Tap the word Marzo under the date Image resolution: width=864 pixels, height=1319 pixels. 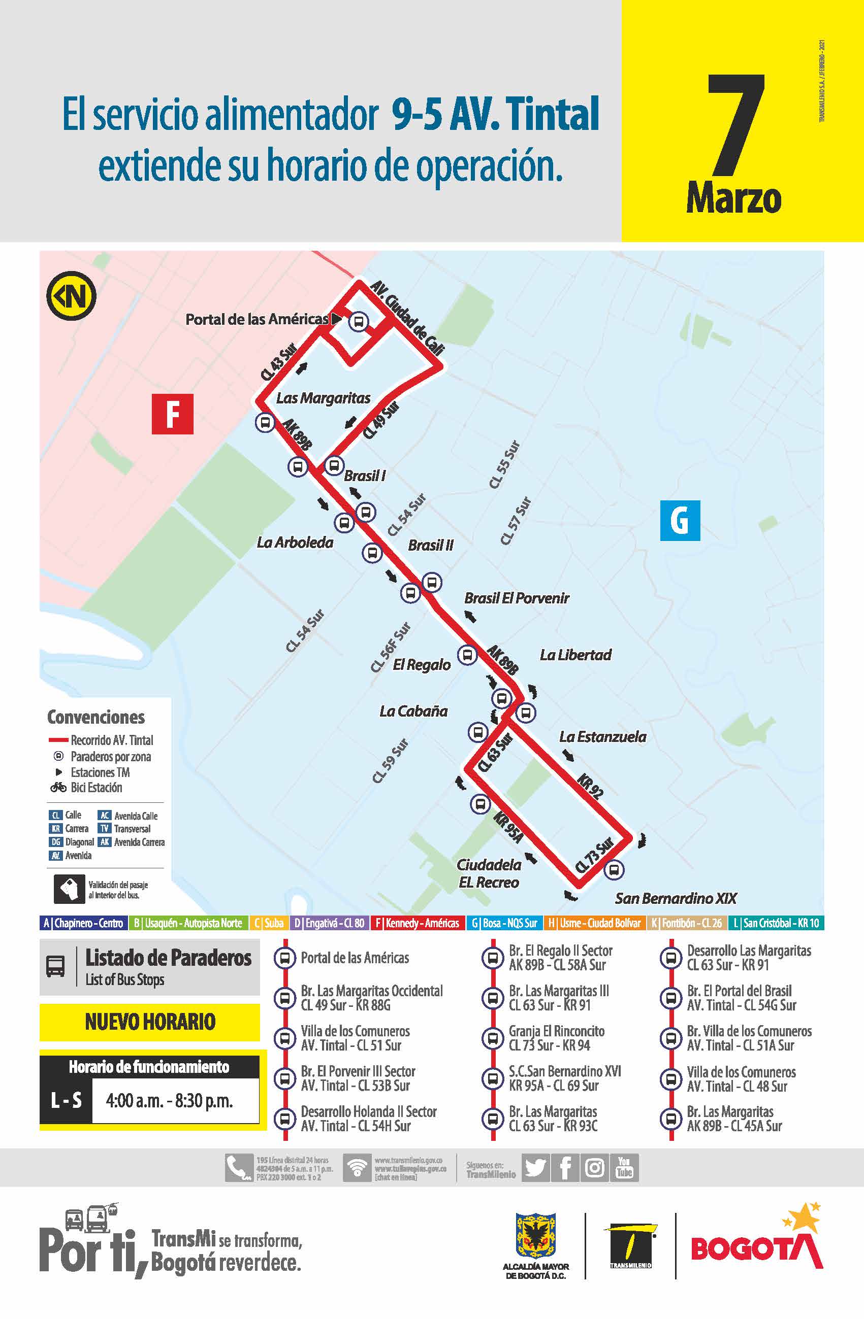(733, 198)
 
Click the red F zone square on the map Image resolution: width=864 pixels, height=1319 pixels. (173, 414)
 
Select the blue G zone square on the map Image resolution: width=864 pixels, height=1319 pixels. (680, 520)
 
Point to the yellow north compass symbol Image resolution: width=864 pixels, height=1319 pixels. (71, 296)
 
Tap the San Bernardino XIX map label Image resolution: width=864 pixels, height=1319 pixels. (676, 898)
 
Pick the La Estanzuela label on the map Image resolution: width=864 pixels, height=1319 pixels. (602, 736)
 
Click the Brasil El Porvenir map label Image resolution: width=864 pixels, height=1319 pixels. (516, 598)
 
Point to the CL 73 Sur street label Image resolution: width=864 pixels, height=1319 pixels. (594, 855)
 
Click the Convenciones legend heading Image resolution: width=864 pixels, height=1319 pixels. (96, 717)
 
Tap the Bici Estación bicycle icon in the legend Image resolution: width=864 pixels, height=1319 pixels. (58, 787)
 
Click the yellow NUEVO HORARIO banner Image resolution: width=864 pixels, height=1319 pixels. (150, 1022)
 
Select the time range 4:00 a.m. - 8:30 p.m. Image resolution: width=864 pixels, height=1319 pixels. (169, 1100)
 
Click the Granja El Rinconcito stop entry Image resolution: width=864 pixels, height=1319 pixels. (556, 1038)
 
